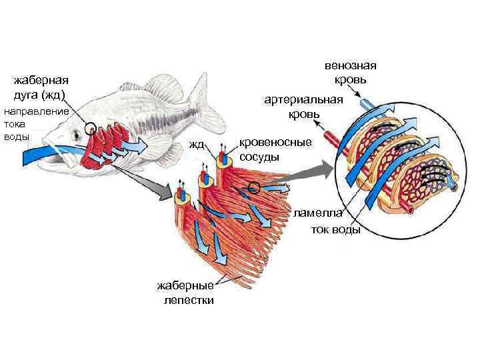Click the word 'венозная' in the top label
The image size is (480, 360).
[351, 66]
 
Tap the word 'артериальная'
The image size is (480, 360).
[304, 100]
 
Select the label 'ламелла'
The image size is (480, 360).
[319, 213]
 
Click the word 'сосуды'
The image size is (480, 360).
[259, 157]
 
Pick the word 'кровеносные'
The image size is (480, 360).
[275, 143]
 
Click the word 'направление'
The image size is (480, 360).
[37, 111]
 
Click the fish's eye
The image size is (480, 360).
[76, 134]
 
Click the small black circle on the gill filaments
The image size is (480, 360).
[255, 187]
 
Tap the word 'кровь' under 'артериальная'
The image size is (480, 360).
[304, 115]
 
